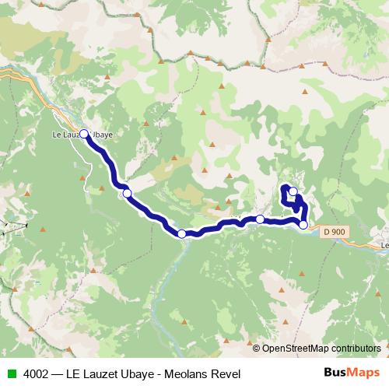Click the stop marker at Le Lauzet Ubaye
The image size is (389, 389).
pos(84,134)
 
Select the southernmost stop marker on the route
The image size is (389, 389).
pos(181,233)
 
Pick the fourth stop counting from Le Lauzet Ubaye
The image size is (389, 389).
pos(260,219)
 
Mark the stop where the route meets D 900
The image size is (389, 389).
pos(303,225)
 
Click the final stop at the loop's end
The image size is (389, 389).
pos(293,191)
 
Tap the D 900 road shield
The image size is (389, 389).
pos(333,232)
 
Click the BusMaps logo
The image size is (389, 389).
pos(352,373)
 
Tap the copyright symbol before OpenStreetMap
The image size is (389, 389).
pos(257,348)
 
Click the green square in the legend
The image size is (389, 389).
pos(11,373)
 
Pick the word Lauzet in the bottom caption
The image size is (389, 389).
pos(101,373)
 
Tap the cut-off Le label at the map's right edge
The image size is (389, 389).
pos(384,246)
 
